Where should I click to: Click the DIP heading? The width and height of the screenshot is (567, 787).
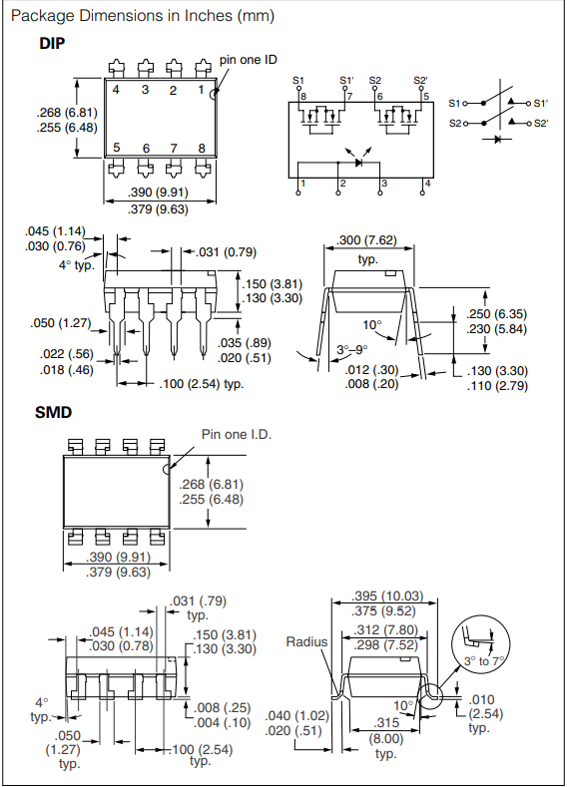52,43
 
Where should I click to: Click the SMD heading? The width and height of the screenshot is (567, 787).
53,413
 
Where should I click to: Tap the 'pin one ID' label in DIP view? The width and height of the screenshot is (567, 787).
249,60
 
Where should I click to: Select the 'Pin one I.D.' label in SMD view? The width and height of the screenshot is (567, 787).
237,434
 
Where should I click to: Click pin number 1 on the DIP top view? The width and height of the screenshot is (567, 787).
201,90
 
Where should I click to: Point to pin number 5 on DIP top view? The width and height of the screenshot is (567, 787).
117,148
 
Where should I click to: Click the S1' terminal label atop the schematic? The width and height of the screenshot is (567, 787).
346,81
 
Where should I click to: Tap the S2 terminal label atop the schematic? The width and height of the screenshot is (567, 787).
374,81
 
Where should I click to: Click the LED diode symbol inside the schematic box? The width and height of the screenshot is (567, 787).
358,163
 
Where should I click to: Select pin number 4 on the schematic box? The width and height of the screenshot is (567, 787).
427,184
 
